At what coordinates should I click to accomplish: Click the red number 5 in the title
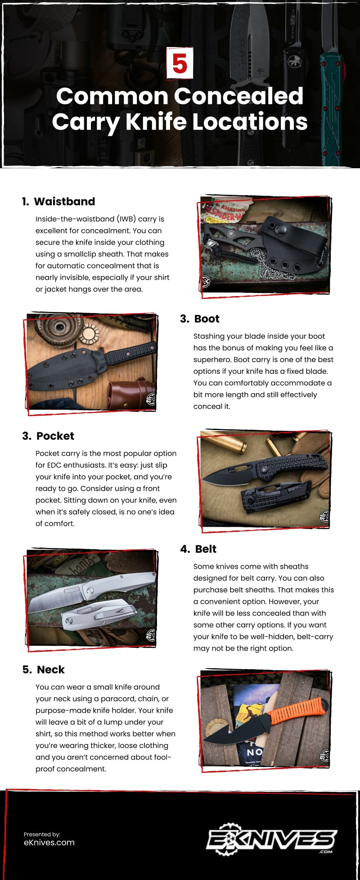click(180, 63)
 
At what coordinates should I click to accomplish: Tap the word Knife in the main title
click(155, 121)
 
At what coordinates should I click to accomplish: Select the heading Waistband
click(64, 202)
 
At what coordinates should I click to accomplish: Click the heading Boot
click(207, 319)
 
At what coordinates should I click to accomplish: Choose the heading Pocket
click(55, 436)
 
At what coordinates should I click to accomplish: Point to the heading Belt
click(206, 549)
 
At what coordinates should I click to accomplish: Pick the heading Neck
click(51, 670)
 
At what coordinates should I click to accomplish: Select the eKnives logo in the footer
click(271, 840)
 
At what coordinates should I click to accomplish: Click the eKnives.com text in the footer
click(49, 843)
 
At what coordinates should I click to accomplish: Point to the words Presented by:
click(42, 834)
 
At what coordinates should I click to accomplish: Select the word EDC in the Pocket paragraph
click(53, 465)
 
